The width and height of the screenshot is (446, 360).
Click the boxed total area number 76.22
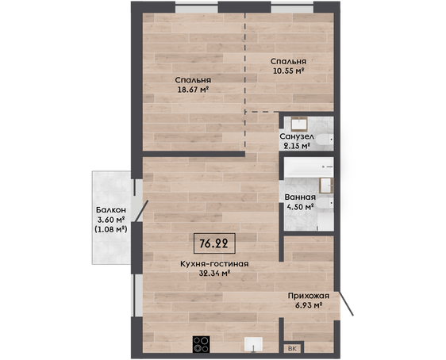(214, 243)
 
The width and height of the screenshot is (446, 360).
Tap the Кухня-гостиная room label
(214, 264)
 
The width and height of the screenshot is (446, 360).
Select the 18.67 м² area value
(193, 90)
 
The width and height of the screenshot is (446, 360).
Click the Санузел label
(297, 136)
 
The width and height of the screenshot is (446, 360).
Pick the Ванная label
(300, 197)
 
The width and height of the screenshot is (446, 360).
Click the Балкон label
(111, 210)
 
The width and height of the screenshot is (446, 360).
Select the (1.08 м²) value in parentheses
(110, 229)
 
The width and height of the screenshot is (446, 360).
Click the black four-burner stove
(201, 344)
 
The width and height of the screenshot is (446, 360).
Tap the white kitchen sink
(253, 345)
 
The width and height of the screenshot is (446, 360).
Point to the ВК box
(292, 349)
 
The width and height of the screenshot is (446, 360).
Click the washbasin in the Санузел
(299, 124)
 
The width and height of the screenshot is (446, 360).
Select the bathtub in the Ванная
(309, 167)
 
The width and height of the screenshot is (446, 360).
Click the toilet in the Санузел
(325, 140)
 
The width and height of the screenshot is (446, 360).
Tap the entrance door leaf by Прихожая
(346, 303)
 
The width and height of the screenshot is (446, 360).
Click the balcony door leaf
(141, 211)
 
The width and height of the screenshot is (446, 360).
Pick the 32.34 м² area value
(214, 274)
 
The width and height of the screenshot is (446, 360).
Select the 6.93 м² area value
(309, 305)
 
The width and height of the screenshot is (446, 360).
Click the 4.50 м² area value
(300, 207)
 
